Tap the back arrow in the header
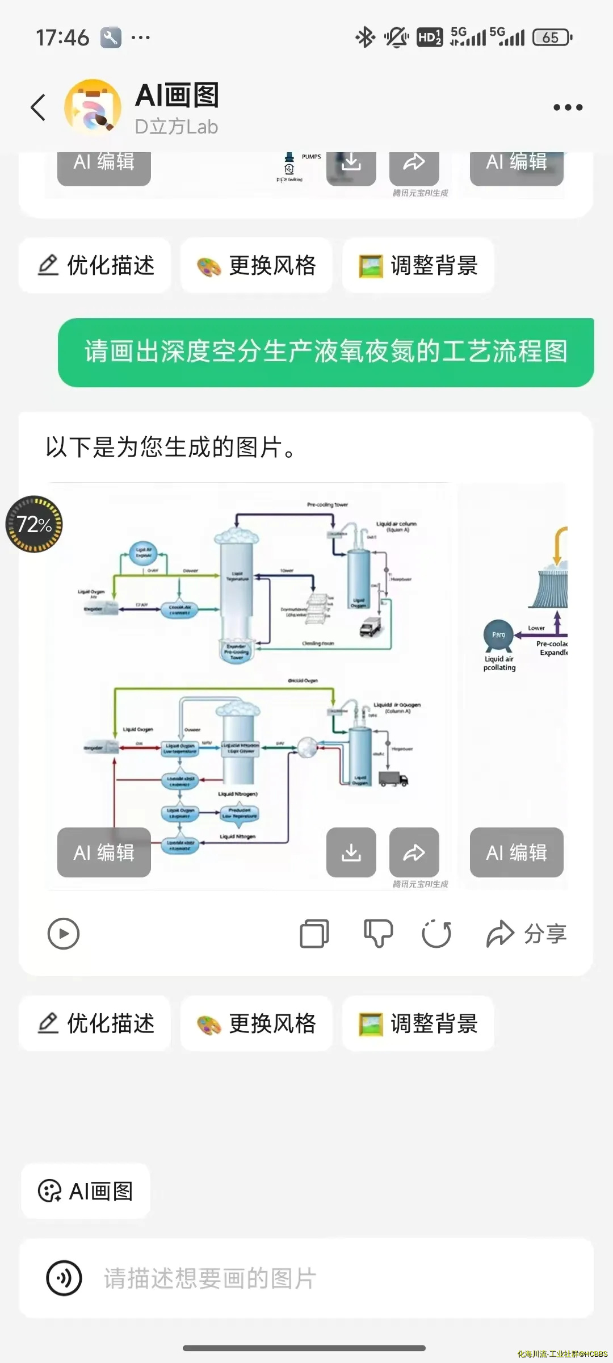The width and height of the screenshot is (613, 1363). [x=38, y=107]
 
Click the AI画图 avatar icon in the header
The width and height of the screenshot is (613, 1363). [x=93, y=107]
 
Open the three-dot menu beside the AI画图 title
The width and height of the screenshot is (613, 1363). [x=568, y=107]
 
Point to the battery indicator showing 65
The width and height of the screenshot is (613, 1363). [x=552, y=37]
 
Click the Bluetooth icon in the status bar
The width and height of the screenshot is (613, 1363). [x=365, y=37]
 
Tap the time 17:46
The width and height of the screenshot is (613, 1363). [x=62, y=38]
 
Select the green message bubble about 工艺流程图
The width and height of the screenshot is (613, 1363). [x=326, y=352]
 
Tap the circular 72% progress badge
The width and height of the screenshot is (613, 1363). [x=34, y=524]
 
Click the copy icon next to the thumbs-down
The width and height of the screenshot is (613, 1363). [x=314, y=933]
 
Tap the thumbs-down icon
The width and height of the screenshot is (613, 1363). [x=378, y=933]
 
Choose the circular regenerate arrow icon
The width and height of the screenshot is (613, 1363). [x=436, y=933]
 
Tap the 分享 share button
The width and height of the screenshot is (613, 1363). [x=527, y=933]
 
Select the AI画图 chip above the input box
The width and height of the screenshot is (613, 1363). [x=86, y=1191]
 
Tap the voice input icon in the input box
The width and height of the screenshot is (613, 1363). [x=64, y=1278]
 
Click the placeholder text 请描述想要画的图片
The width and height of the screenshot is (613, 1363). [x=210, y=1278]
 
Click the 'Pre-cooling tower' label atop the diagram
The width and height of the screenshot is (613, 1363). [x=328, y=504]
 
